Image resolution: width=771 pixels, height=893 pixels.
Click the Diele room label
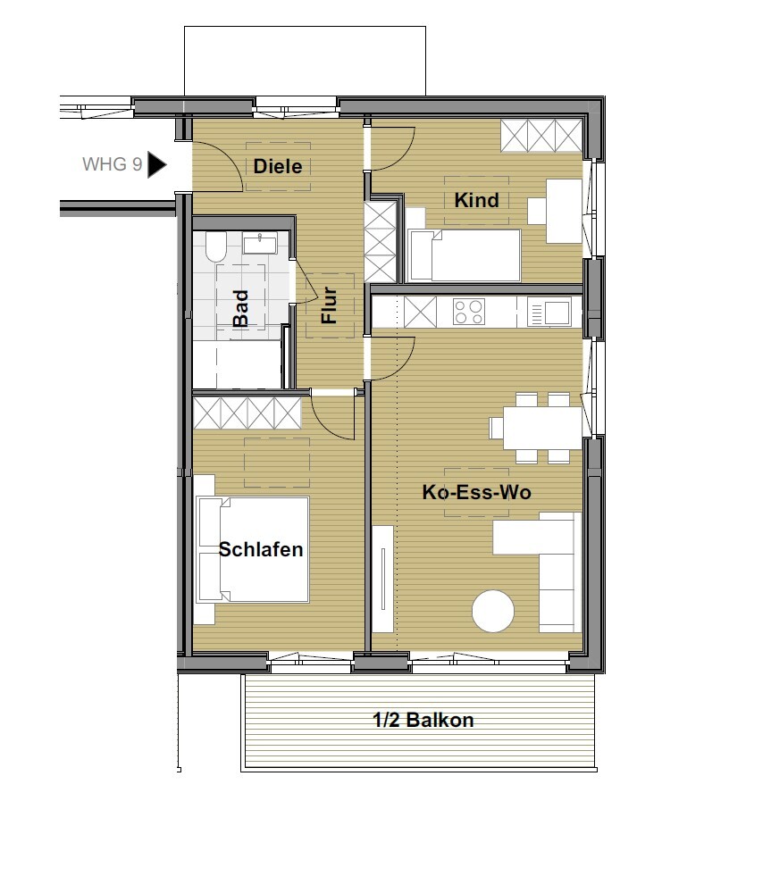pyautogui.click(x=278, y=166)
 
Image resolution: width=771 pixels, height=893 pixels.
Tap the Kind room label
pyautogui.click(x=476, y=200)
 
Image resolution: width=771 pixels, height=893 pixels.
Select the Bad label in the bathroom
pyautogui.click(x=241, y=308)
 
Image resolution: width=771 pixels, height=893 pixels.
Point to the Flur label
pyautogui.click(x=330, y=305)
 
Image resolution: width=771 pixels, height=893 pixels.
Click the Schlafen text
pyautogui.click(x=261, y=549)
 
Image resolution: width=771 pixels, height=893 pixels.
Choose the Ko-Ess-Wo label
pyautogui.click(x=476, y=492)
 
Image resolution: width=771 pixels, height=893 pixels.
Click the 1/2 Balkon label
pyautogui.click(x=423, y=720)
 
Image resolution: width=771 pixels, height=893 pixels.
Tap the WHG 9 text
pyautogui.click(x=113, y=164)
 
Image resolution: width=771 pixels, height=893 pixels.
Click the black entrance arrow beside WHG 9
pyautogui.click(x=156, y=164)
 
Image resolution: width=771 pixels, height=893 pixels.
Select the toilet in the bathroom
pyautogui.click(x=216, y=246)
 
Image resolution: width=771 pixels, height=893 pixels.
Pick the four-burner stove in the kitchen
pyautogui.click(x=469, y=312)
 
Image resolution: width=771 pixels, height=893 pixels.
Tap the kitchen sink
pyautogui.click(x=549, y=313)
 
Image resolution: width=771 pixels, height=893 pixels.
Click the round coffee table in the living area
pyautogui.click(x=493, y=611)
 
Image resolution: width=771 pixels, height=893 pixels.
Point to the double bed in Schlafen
pyautogui.click(x=253, y=549)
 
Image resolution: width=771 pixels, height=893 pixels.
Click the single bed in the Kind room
pyautogui.click(x=465, y=255)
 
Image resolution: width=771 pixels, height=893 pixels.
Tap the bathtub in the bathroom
pyautogui.click(x=238, y=364)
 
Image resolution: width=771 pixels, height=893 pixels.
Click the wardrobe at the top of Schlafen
pyautogui.click(x=247, y=413)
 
